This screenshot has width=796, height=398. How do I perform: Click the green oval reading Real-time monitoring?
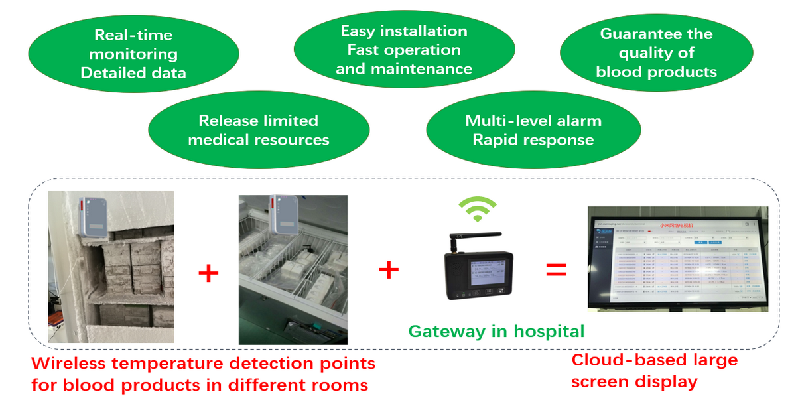tap(133, 54)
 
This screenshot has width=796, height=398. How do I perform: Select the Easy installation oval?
tap(404, 50)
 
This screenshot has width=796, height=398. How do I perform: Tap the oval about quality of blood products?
tap(656, 53)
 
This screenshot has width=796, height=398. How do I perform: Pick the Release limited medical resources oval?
tap(259, 130)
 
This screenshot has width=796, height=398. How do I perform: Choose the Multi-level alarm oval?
tap(533, 130)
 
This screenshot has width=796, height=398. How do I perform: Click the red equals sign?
tap(556, 270)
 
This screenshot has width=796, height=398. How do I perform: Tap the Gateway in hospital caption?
tap(496, 331)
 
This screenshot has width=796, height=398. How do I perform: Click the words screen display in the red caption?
tap(633, 382)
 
